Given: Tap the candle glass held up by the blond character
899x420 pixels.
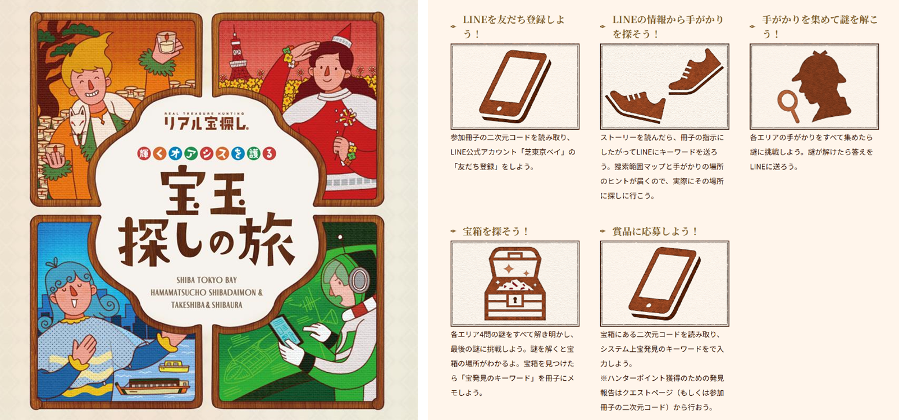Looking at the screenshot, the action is coord(166,42).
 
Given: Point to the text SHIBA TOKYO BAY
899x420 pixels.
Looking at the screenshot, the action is coord(207,280).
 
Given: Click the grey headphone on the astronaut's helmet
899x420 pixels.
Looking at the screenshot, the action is coord(358,280).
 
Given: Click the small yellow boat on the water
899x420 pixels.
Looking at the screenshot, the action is coord(174,366).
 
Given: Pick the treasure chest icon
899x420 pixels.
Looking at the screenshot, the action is coord(515,284).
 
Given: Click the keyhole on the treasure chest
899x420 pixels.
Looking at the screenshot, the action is coord(515,300).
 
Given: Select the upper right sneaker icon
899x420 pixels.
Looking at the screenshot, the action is coord(696,72).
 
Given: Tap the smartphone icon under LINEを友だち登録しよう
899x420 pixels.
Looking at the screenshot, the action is coord(515,86).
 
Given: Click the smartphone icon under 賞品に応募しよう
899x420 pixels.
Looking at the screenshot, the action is coord(665,284).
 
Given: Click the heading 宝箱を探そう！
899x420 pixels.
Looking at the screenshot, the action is coord(496,231).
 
